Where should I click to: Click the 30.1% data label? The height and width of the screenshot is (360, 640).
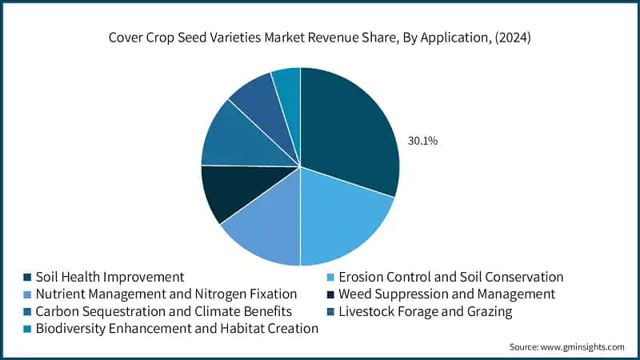click(422, 141)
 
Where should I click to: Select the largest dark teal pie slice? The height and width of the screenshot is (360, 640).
click(348, 128)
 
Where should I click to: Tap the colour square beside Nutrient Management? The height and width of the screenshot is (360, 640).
click(27, 294)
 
